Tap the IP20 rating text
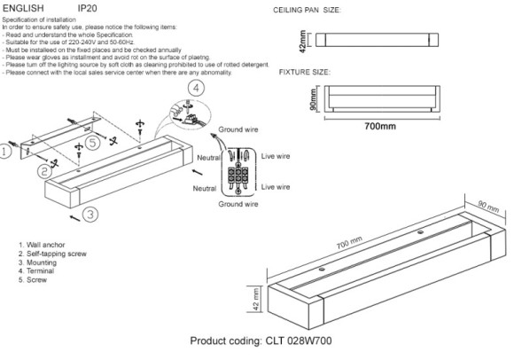pos(88,7)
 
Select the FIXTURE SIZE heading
pos(306,70)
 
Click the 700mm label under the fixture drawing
pos(381,126)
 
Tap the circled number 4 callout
pos(197,87)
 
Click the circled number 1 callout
pos(6,152)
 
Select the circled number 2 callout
pos(42,168)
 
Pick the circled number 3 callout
pos(90,214)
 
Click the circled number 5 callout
pos(93,144)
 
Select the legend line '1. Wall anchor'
pos(40,243)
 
